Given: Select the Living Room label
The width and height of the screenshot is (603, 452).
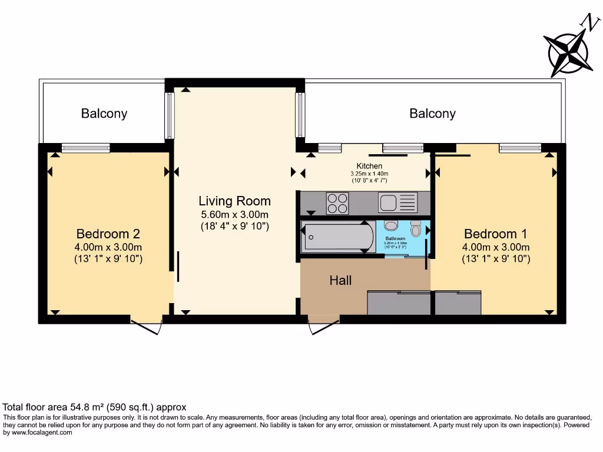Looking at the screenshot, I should pyautogui.click(x=234, y=201).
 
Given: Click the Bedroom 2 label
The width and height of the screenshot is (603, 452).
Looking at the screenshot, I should pyautogui.click(x=108, y=234).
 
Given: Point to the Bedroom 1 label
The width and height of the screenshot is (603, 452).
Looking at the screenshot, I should pyautogui.click(x=496, y=234).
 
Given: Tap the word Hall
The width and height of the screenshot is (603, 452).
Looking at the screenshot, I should pyautogui.click(x=340, y=280).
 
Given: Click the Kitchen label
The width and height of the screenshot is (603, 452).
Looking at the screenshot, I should pyautogui.click(x=369, y=167).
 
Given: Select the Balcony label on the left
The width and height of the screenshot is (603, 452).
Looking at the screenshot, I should pyautogui.click(x=104, y=114).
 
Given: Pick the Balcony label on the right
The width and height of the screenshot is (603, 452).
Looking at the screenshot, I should pyautogui.click(x=432, y=114).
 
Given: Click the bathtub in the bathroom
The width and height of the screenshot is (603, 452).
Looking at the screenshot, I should pyautogui.click(x=337, y=237).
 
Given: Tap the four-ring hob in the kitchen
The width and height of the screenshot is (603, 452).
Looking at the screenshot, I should pyautogui.click(x=337, y=203).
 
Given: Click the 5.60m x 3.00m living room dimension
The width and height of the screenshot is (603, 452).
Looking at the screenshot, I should pyautogui.click(x=234, y=214).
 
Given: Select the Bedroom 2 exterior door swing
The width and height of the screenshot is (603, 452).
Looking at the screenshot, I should pyautogui.click(x=146, y=327).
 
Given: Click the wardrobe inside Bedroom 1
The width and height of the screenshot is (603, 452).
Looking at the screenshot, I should pyautogui.click(x=458, y=303).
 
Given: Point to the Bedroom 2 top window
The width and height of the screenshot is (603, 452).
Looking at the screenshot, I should pyautogui.click(x=85, y=148).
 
